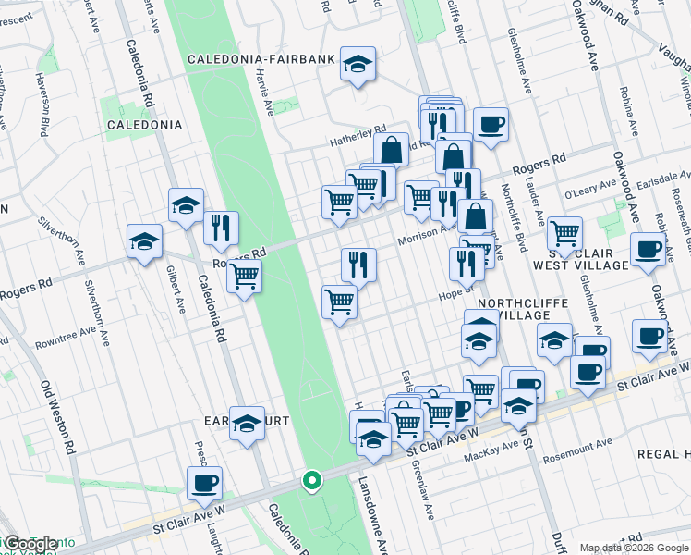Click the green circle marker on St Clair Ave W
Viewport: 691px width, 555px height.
pos(312,480)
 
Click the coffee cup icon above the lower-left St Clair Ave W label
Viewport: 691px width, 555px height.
pos(204,483)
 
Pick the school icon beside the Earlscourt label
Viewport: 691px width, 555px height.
pos(247,425)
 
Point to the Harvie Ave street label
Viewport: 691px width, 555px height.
pos(263,92)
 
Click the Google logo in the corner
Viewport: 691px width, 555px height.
pos(30,544)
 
